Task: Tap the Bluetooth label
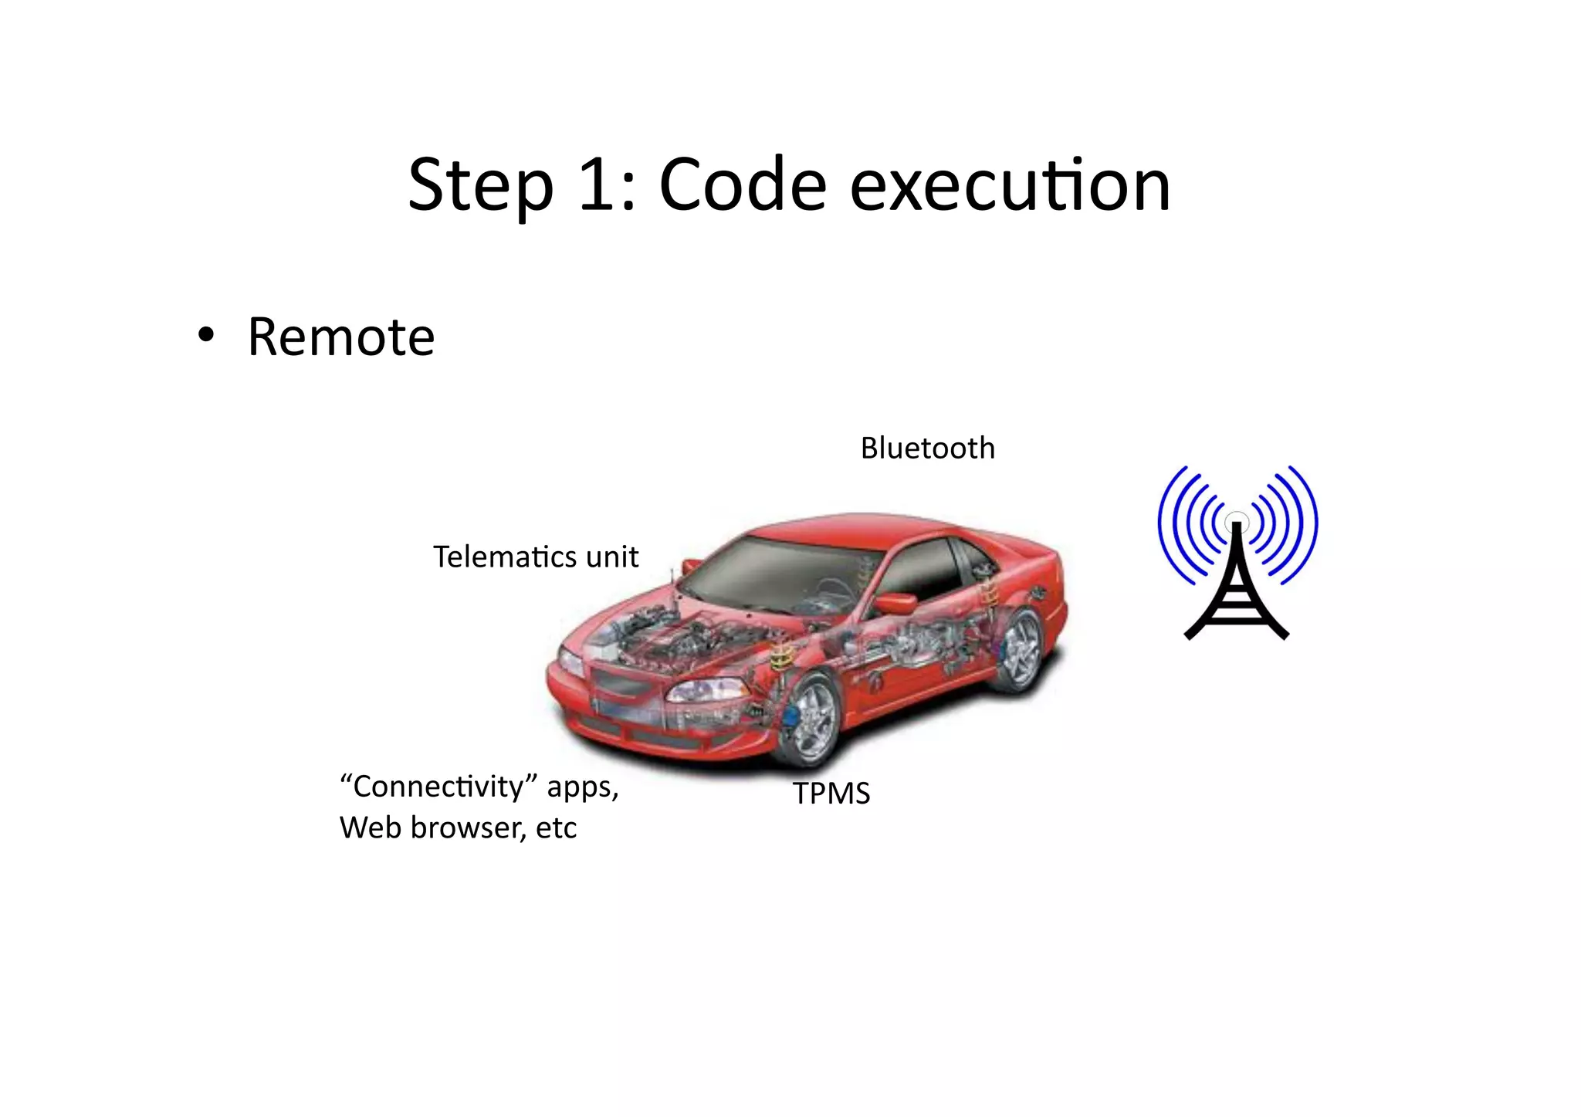[927, 448]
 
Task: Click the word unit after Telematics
[611, 557]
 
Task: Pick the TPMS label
[831, 794]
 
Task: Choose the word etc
[556, 828]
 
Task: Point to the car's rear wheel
[1021, 648]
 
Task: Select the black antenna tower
[1237, 587]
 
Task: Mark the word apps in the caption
[582, 787]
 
